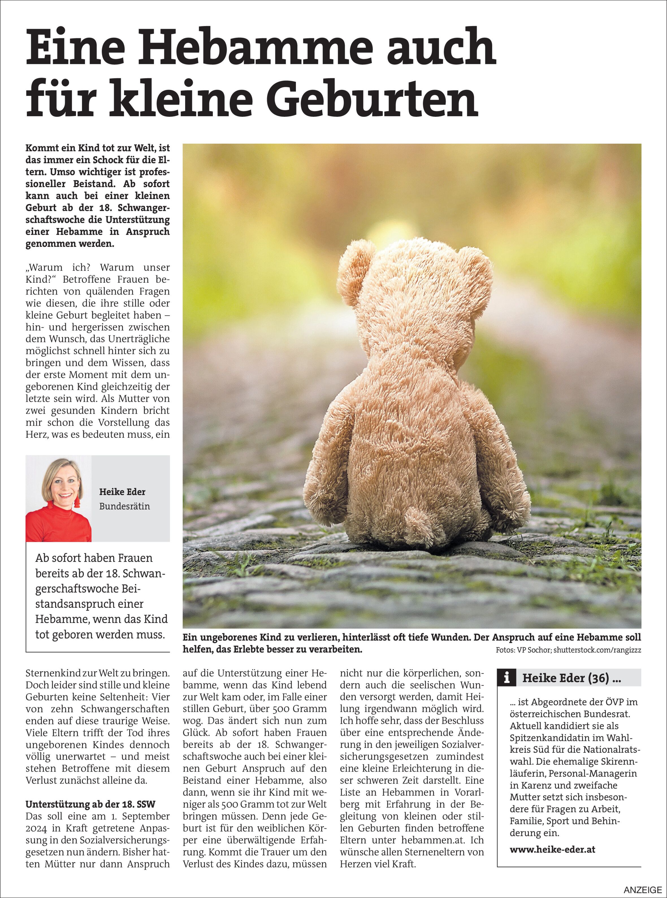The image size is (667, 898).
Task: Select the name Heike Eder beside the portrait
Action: tap(122, 492)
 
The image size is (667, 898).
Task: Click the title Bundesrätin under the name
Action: tap(124, 506)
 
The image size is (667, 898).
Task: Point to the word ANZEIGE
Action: tap(643, 890)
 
